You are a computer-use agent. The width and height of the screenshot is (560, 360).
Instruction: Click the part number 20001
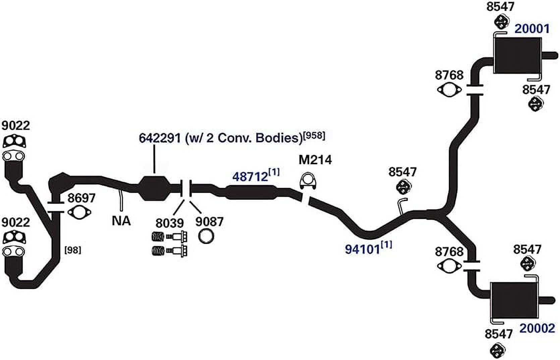[532, 29]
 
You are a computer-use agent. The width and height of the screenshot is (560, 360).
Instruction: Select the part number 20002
[537, 328]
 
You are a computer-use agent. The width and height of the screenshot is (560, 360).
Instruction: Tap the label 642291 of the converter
[160, 138]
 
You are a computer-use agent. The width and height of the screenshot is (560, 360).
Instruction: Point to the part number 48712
[250, 177]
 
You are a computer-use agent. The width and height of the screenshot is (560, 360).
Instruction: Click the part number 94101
[363, 249]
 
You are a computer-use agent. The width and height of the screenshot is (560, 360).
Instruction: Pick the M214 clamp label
[315, 160]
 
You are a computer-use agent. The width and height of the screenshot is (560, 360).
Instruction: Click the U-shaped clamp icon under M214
[308, 181]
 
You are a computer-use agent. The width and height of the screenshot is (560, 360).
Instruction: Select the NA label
[121, 221]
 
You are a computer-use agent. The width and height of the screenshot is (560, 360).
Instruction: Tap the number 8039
[169, 223]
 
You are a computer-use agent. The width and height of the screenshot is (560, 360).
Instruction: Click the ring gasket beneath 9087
[206, 236]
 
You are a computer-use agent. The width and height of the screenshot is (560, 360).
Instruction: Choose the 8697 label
[81, 198]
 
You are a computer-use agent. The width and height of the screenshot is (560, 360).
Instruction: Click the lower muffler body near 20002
[514, 300]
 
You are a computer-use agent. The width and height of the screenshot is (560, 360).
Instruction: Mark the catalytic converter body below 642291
[154, 188]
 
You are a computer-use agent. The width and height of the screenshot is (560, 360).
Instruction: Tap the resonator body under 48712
[251, 192]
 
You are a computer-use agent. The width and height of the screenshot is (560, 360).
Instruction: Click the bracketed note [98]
[73, 250]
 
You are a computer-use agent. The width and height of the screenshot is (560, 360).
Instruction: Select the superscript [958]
[314, 136]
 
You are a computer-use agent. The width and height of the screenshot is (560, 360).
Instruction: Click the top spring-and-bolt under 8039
[169, 236]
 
